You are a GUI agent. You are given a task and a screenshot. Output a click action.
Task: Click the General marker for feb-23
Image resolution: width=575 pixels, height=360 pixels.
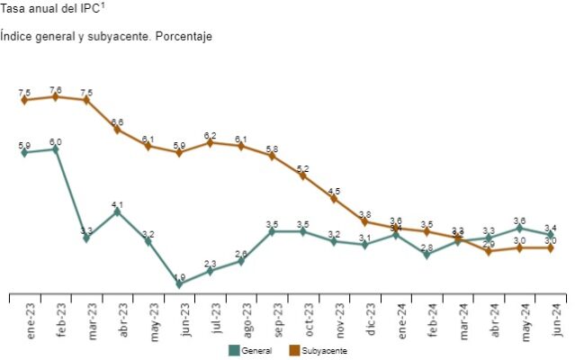(56, 149)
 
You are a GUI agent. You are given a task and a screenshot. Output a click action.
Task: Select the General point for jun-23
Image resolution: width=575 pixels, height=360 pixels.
(179, 283)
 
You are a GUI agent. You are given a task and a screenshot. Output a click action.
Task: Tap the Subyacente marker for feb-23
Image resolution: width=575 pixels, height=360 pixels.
(56, 96)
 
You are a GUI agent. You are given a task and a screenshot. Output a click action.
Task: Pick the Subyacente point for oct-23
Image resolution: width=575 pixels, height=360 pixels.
(302, 175)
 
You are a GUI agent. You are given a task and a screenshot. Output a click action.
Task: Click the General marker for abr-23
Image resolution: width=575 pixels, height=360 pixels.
(117, 211)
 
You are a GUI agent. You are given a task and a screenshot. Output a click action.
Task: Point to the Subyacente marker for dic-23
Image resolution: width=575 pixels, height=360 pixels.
(364, 221)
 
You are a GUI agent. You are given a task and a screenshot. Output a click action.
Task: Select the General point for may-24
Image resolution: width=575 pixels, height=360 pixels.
(519, 228)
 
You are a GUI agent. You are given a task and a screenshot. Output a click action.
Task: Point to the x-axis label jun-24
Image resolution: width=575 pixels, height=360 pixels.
(551, 317)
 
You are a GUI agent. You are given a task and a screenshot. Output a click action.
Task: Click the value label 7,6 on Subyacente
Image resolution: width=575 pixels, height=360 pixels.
(56, 89)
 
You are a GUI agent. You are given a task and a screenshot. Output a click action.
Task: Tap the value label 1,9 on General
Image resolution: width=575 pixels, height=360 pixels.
(179, 276)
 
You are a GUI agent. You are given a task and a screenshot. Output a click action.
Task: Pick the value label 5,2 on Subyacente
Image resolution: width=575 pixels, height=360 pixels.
(302, 168)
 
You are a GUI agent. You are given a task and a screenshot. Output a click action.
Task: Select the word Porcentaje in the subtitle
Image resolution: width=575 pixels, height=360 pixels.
(183, 36)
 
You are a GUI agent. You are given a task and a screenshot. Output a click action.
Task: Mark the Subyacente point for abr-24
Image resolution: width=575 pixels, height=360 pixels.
(489, 251)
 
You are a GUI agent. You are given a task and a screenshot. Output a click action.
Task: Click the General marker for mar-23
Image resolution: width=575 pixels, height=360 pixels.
(86, 238)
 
